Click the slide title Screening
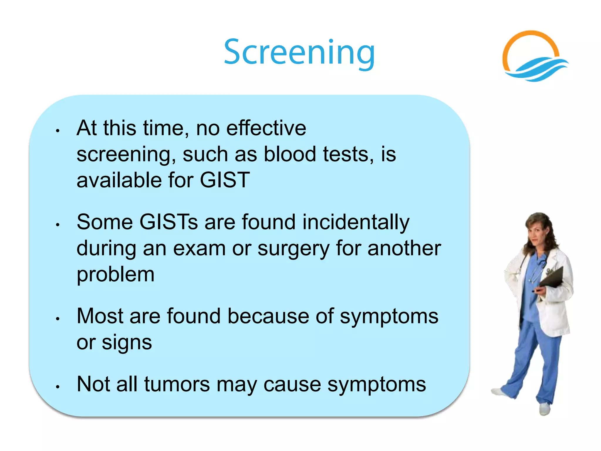[299, 52]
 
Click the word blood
[290, 154]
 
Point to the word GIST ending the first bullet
[225, 180]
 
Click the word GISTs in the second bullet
[168, 222]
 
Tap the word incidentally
[356, 222]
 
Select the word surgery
[293, 249]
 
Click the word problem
[115, 275]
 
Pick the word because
[268, 316]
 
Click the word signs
[127, 343]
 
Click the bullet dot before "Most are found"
[58, 319]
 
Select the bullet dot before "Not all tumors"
[58, 387]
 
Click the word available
[119, 180]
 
